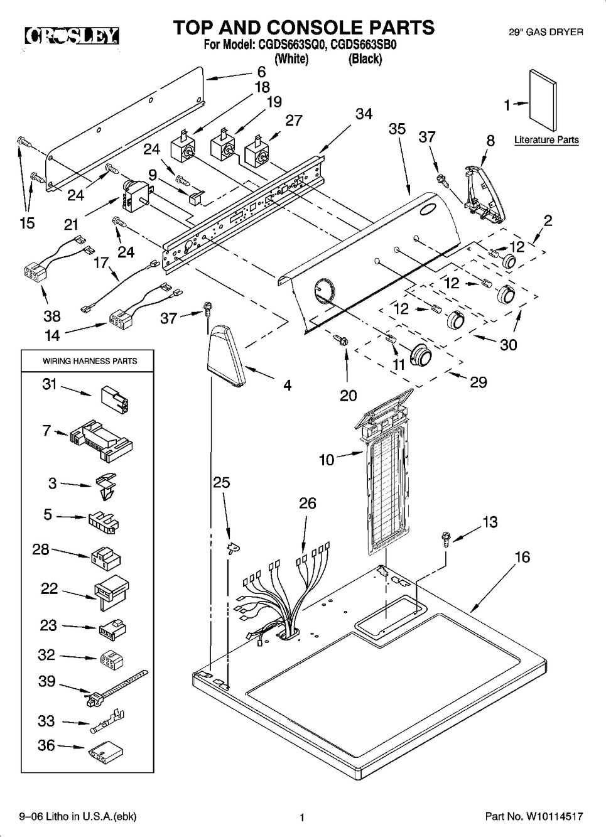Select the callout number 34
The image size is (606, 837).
tap(364, 114)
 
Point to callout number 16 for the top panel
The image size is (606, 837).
tap(522, 557)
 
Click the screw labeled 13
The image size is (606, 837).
tap(446, 537)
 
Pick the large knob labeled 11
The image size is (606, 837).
tap(420, 357)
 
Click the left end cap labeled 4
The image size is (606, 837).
tap(227, 356)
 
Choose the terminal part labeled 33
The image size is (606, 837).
tap(108, 723)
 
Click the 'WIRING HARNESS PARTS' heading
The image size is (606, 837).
tap(90, 361)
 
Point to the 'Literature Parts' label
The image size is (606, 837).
tap(546, 140)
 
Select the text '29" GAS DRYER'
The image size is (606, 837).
tap(546, 31)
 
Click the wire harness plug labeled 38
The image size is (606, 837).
tap(32, 274)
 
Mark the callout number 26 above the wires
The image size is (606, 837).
tap(307, 503)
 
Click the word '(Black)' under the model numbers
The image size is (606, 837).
tap(365, 59)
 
